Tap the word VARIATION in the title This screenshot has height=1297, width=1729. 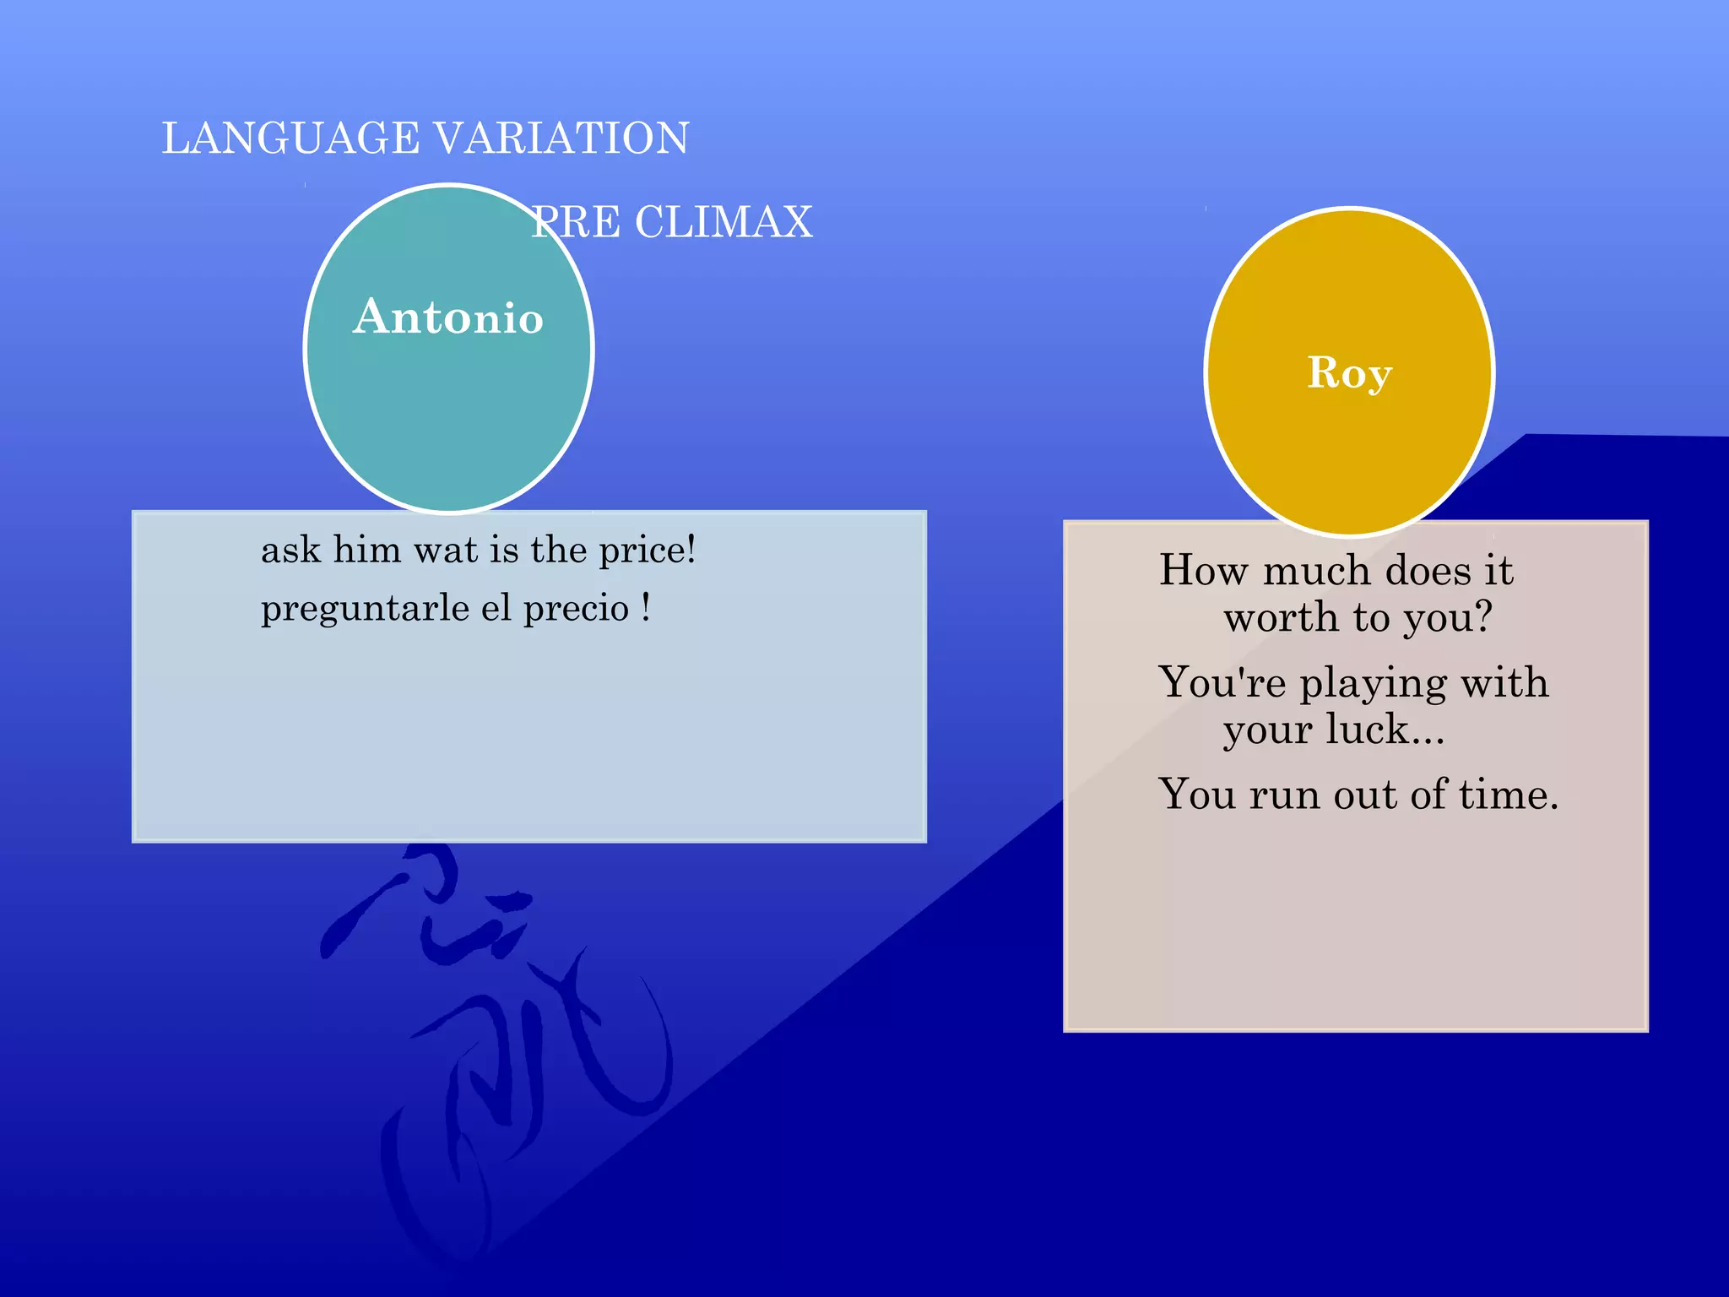pyautogui.click(x=561, y=138)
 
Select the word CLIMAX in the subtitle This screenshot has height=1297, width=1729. pyautogui.click(x=724, y=223)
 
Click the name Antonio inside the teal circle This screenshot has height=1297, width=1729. pyautogui.click(x=447, y=317)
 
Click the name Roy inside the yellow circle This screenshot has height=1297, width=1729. pyautogui.click(x=1348, y=372)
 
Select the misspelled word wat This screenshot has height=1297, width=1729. pyautogui.click(x=446, y=551)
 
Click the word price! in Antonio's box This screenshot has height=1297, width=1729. pyautogui.click(x=648, y=551)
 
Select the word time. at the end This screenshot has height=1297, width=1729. pyautogui.click(x=1509, y=795)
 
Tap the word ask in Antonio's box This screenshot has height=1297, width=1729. pyautogui.click(x=290, y=551)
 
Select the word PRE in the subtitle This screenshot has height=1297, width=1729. pyautogui.click(x=576, y=223)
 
